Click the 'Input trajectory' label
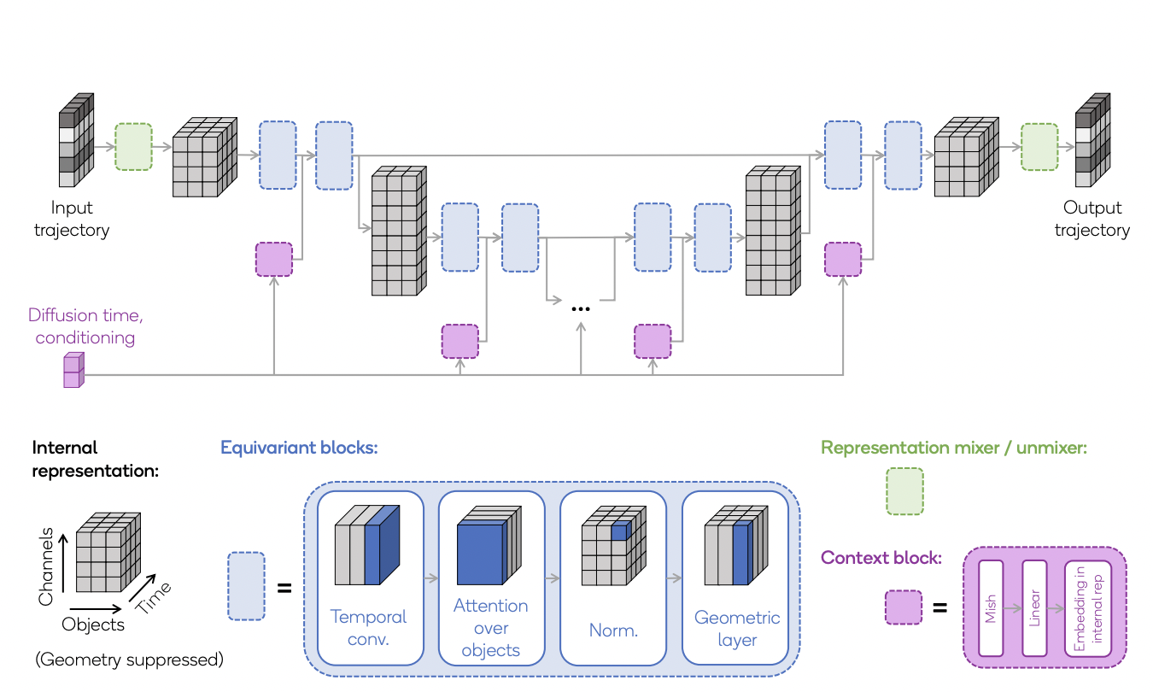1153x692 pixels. [72, 219]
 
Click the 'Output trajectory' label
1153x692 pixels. [1092, 219]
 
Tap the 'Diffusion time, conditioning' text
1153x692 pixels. [85, 326]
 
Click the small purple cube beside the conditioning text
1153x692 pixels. [74, 371]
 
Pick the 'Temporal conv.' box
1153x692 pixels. [368, 578]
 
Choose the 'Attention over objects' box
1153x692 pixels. [491, 578]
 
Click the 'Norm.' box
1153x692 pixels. [613, 578]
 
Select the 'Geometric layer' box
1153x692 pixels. [736, 578]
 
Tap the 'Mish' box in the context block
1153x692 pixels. [992, 608]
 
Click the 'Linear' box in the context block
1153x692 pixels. [1034, 608]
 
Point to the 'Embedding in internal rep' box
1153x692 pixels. [1088, 608]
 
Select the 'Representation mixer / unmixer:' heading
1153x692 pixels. [953, 448]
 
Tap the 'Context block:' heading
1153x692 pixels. [881, 558]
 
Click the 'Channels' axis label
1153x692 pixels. [48, 567]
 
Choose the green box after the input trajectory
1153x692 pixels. [133, 147]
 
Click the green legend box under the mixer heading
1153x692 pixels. [905, 491]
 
